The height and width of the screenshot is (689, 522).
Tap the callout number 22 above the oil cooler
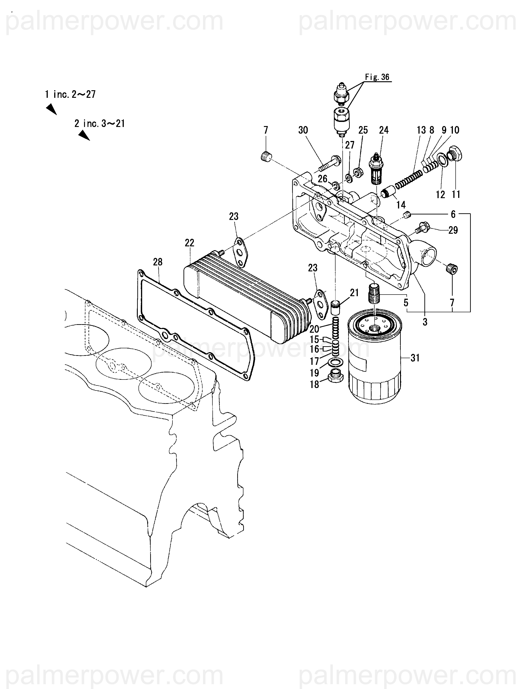[x=189, y=243]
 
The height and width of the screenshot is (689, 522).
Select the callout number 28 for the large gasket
[x=158, y=262]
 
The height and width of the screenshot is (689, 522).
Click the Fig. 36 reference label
[x=377, y=77]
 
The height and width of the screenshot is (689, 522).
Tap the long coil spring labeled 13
[x=409, y=180]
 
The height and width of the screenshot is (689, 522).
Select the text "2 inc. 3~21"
[x=100, y=124]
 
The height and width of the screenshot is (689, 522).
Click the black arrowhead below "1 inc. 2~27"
[x=51, y=109]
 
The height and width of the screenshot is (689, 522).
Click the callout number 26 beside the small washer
[x=323, y=179]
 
